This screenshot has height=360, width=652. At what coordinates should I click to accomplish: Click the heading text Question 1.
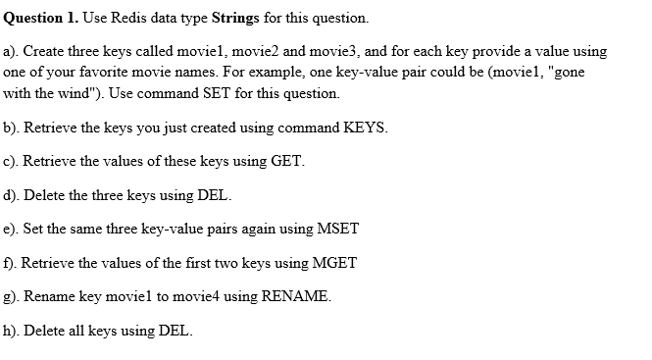point(39,18)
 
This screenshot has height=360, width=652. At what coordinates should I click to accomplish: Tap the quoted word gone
point(587,72)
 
